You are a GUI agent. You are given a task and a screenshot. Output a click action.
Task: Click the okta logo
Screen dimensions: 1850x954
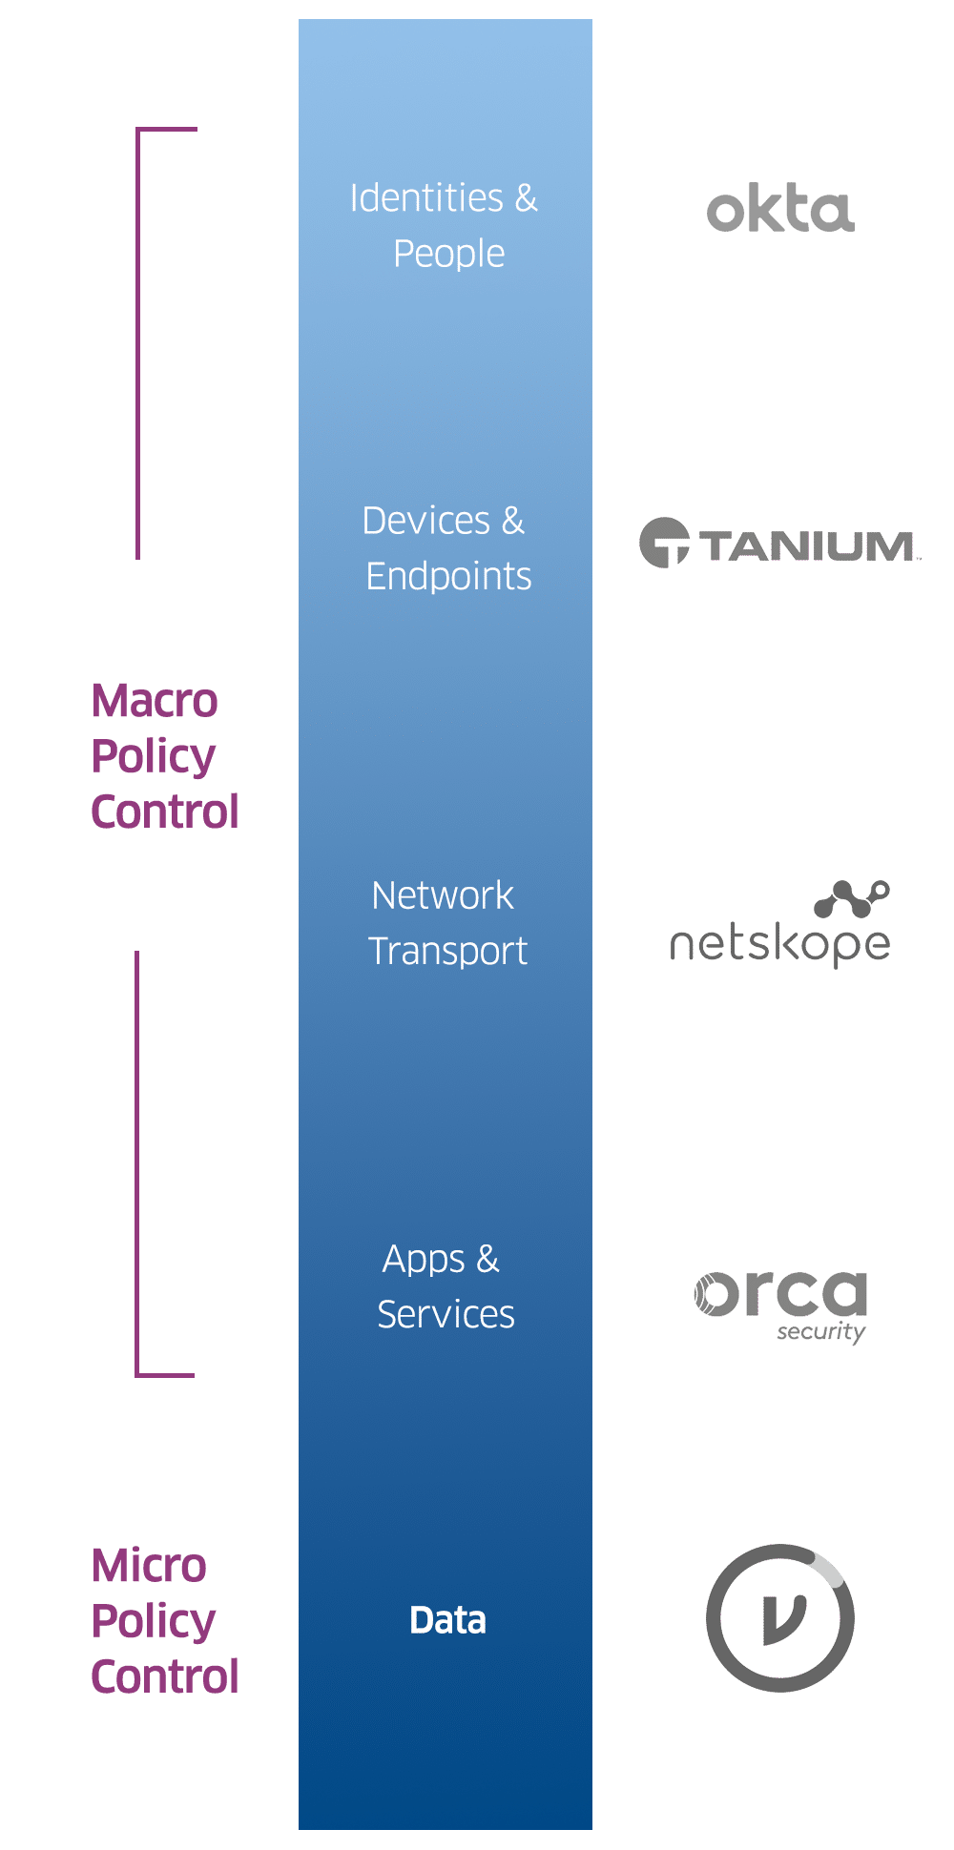click(x=779, y=211)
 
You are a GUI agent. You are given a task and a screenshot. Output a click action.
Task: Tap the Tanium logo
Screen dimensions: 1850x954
click(x=779, y=545)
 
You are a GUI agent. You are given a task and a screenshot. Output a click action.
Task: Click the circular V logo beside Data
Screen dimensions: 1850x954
click(x=780, y=1618)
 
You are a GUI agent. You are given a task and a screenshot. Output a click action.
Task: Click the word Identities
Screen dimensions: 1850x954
click(x=426, y=198)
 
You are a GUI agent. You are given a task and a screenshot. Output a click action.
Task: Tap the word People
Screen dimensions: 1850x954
click(x=449, y=255)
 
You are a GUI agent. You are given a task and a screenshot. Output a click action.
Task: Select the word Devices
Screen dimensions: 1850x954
click(x=425, y=521)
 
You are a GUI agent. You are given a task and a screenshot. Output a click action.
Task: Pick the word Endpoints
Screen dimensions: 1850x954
click(x=448, y=576)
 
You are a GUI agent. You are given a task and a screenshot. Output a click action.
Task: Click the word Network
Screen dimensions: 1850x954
click(x=443, y=895)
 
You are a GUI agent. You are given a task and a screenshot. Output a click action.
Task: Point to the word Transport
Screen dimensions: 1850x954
click(x=447, y=951)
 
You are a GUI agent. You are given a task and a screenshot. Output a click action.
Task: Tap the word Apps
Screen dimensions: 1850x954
click(x=424, y=1260)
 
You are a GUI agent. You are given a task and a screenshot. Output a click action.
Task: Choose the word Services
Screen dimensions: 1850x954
click(x=446, y=1314)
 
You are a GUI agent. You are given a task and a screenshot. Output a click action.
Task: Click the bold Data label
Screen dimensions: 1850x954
click(x=447, y=1620)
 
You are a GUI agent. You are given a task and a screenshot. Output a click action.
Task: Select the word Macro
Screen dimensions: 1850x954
click(x=156, y=701)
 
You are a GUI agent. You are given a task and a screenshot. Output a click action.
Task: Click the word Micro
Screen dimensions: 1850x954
click(x=150, y=1566)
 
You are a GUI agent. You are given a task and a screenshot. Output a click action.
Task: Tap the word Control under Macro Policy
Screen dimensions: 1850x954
click(x=165, y=812)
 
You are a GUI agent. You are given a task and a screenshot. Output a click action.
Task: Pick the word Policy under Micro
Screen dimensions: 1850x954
click(x=154, y=1622)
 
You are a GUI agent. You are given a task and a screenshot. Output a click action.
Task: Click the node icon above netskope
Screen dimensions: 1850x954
click(x=852, y=898)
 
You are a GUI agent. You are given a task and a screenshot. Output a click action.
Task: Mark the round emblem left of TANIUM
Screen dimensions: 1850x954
click(x=664, y=544)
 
